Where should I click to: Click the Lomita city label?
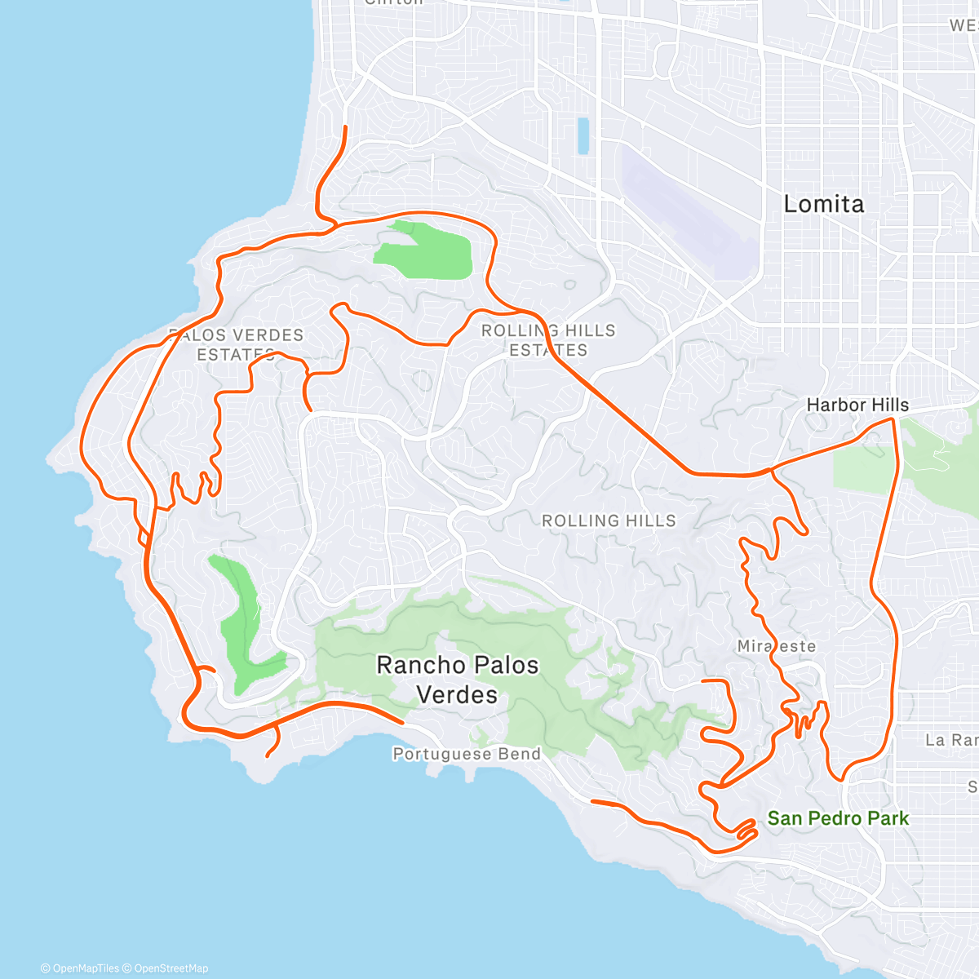click(x=823, y=204)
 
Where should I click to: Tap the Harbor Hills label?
click(x=857, y=405)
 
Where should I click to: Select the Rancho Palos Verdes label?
click(x=457, y=680)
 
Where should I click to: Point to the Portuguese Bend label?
click(x=467, y=754)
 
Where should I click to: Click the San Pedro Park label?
click(x=838, y=818)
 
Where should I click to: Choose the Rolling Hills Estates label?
click(x=548, y=340)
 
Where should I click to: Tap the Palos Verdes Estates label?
click(x=236, y=344)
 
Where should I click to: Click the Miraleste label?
click(x=776, y=646)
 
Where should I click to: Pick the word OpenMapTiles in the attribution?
click(x=85, y=968)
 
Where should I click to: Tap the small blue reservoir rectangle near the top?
click(x=583, y=136)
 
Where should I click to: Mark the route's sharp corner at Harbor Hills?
click(x=893, y=419)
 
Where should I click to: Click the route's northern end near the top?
click(x=345, y=127)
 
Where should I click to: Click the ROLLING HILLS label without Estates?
click(x=609, y=521)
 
